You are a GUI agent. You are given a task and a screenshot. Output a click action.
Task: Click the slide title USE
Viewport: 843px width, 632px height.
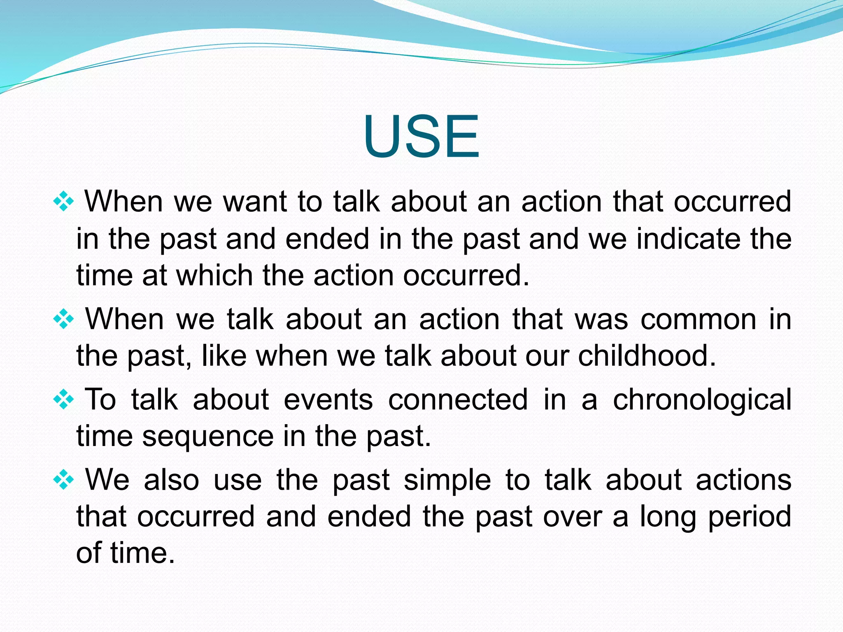tap(421, 137)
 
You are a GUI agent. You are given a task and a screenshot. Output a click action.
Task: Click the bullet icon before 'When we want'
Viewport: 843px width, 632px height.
tap(63, 202)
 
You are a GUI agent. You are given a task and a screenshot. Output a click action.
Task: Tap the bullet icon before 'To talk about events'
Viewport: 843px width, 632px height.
tap(63, 400)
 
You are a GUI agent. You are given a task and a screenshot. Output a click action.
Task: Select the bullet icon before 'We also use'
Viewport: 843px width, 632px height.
tap(63, 480)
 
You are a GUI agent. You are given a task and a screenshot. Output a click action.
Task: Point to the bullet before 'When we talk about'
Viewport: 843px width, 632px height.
tap(63, 319)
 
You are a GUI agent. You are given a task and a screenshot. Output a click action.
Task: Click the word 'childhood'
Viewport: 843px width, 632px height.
tap(647, 355)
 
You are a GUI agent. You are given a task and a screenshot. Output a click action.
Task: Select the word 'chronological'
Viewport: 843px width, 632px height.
tap(702, 400)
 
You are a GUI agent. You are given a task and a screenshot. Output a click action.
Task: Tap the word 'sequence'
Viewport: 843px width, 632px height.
tap(208, 436)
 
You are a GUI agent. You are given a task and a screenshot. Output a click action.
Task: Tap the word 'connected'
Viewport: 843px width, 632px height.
tap(458, 400)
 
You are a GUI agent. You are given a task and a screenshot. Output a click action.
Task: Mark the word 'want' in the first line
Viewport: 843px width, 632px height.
tap(255, 202)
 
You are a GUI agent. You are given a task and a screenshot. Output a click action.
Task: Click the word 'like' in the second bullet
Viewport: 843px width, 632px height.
tap(224, 355)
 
